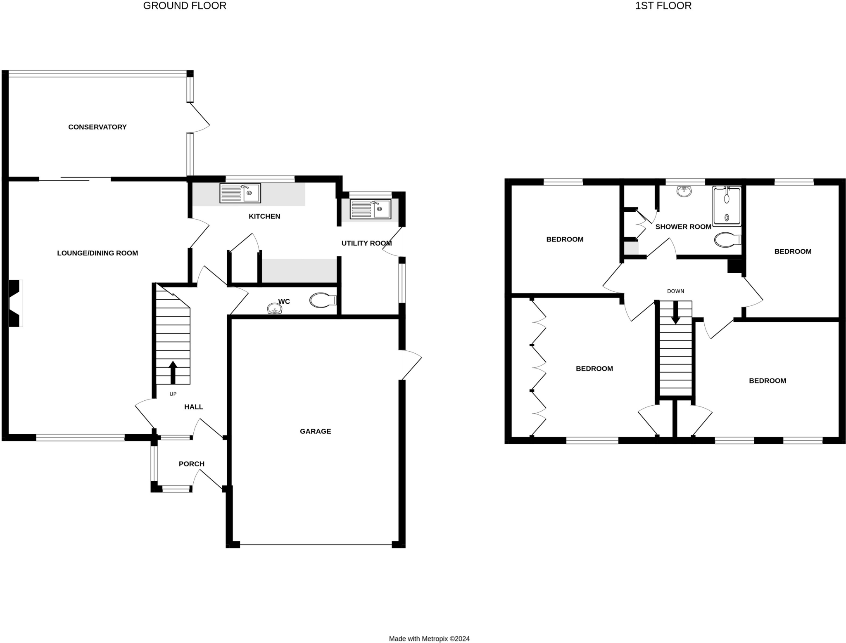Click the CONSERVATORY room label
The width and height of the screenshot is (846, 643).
coord(97,127)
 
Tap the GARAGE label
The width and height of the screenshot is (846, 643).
coord(315,431)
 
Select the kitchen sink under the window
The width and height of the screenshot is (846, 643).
coord(240,193)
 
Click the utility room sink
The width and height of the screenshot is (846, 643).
coord(370,209)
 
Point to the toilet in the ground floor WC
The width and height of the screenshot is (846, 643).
coord(323,300)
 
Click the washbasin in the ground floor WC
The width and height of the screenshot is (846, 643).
coord(274,309)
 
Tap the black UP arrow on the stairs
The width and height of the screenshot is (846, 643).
coord(173,372)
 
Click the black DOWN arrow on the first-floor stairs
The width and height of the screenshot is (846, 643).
coord(676,313)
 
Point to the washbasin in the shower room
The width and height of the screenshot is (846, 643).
coord(684,191)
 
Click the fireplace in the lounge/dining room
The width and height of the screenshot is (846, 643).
coord(15,303)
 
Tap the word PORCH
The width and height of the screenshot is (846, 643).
coord(192,464)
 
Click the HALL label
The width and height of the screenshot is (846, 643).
coord(193,407)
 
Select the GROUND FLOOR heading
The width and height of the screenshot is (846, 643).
coord(185,6)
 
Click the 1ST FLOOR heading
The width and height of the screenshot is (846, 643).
coord(663,6)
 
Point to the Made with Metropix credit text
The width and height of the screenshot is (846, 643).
coord(429,639)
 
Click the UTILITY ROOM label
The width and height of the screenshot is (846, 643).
coord(366,243)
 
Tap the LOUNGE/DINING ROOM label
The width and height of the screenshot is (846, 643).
coord(97,253)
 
